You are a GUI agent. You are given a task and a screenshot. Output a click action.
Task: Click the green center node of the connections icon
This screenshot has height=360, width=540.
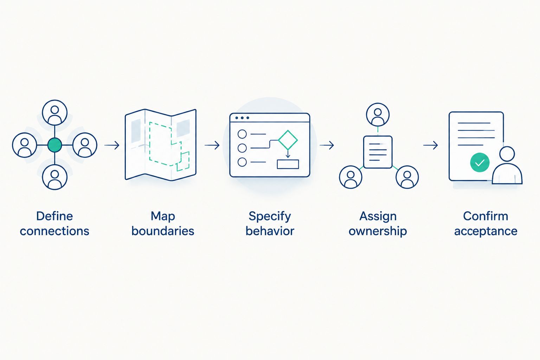tap(55, 145)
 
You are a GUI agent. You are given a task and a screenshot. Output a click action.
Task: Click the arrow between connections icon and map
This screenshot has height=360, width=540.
tap(112, 145)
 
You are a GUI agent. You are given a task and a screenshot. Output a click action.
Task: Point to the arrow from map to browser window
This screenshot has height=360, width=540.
tap(212, 145)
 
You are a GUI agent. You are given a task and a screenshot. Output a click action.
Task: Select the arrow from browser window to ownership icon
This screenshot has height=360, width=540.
tap(327, 145)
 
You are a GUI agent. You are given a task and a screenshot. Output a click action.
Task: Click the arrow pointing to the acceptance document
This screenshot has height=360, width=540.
tap(431, 145)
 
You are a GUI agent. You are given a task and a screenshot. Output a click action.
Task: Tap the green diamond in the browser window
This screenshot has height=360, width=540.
tap(288, 140)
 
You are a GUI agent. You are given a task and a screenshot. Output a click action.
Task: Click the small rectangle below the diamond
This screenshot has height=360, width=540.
tap(288, 164)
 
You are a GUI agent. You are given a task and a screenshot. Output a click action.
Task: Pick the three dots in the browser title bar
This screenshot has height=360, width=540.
tap(242, 118)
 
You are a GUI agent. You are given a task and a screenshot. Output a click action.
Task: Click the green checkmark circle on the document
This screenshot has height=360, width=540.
tap(480, 162)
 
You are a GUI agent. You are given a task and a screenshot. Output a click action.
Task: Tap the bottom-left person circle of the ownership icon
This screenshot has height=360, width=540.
tap(351, 177)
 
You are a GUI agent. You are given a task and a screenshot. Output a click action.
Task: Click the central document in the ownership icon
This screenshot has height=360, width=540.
tap(378, 152)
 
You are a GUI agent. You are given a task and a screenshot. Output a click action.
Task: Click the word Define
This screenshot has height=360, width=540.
tap(54, 216)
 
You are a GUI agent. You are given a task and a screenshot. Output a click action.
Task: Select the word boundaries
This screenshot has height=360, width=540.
tap(163, 231)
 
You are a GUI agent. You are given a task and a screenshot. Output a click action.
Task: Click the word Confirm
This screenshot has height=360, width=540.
tap(486, 216)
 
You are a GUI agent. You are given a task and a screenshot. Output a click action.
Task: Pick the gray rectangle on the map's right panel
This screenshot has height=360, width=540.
tap(183, 128)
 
